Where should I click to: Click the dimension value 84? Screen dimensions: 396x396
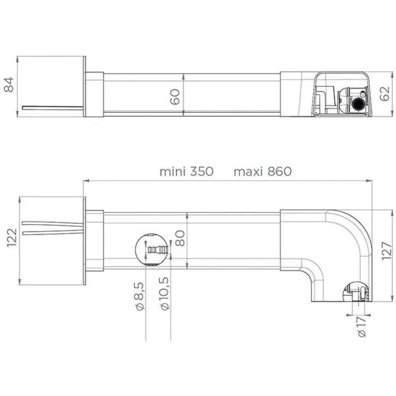pos(9,86)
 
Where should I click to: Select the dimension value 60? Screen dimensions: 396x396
pos(176,96)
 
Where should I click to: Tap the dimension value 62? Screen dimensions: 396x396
pos(385,94)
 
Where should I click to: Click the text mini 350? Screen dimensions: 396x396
pos(186,171)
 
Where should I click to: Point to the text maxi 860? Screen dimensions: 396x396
pos(262,171)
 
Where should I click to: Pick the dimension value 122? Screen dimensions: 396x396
pos(9,241)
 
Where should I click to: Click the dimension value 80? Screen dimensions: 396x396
pos(180,240)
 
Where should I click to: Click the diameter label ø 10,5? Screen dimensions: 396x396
pos(165,295)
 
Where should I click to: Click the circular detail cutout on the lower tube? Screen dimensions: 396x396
pos(152,249)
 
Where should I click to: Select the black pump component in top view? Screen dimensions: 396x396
pos(358,104)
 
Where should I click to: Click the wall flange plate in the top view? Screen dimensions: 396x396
pos(85,87)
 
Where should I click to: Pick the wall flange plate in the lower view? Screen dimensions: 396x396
pos(85,241)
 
